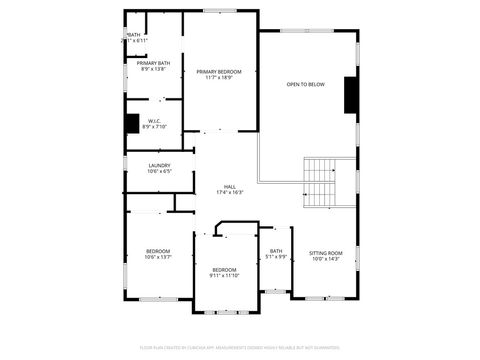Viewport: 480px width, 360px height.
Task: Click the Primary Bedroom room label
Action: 219,71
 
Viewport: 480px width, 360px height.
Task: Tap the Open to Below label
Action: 305,84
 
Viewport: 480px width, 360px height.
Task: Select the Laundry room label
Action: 158,165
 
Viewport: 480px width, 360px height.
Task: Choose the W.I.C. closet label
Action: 155,121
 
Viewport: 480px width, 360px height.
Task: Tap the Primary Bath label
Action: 153,63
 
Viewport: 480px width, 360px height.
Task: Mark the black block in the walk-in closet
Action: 132,123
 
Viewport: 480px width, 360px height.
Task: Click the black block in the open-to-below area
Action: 351,95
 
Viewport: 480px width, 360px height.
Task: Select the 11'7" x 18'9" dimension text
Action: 219,77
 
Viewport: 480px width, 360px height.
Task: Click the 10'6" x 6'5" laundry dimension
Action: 158,171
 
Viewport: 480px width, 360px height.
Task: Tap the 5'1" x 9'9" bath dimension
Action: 276,257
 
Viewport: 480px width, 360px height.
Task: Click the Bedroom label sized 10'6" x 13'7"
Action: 158,251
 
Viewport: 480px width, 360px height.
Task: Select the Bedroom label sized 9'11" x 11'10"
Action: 224,269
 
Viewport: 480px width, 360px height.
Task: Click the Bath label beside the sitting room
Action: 276,251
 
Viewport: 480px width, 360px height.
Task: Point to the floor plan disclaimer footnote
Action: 240,348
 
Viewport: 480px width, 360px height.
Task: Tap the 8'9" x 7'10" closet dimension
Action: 155,127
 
